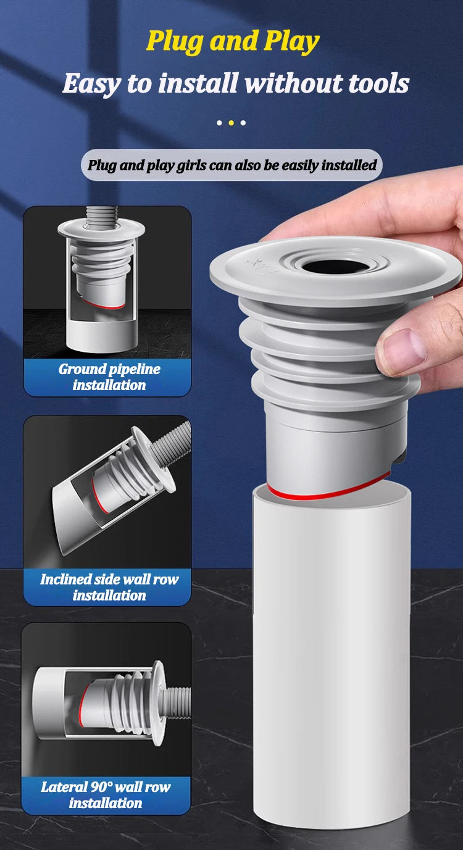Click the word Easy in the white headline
[92, 84]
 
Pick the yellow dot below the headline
[231, 123]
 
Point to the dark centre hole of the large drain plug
[336, 267]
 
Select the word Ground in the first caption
[81, 369]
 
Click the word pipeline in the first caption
[135, 370]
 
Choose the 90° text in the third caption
[101, 786]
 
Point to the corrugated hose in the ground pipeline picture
[102, 217]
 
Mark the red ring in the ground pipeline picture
[104, 305]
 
